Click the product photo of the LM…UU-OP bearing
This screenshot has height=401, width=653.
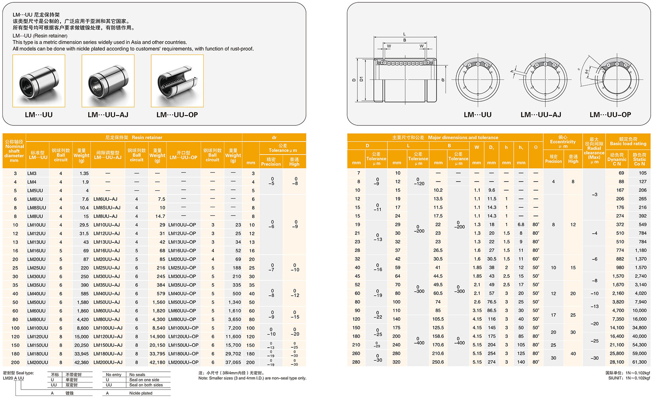point(177,81)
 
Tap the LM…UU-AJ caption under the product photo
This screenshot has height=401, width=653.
point(108,115)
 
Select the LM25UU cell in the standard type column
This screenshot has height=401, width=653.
point(36,268)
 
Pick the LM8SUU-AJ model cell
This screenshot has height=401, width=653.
point(107,208)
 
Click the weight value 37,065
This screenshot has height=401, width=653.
point(233,362)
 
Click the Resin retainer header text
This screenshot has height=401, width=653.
point(147,138)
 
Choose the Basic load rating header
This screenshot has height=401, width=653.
point(628,141)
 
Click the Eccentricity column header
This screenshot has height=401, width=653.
point(563,142)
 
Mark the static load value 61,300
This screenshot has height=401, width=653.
point(639,362)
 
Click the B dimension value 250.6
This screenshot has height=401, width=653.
point(438,362)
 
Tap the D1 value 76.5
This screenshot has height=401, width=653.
point(492,302)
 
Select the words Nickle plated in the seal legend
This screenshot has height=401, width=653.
point(140,393)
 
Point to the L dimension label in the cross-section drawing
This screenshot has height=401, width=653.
point(404,34)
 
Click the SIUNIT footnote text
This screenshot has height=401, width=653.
point(629,378)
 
